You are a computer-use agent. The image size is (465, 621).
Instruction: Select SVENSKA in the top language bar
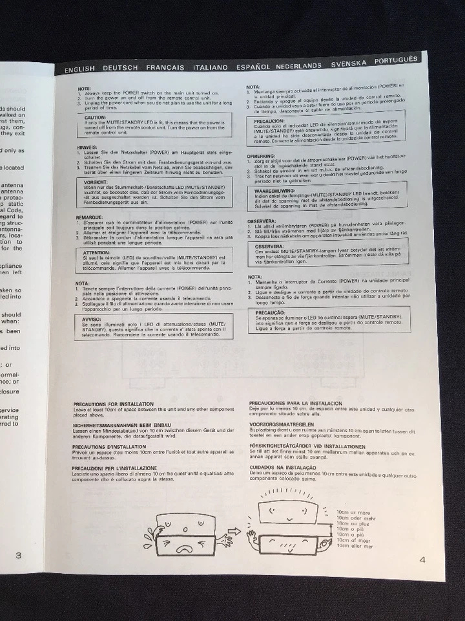click(x=349, y=63)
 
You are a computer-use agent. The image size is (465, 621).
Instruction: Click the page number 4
click(x=422, y=560)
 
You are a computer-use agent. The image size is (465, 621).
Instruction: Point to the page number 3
click(x=18, y=555)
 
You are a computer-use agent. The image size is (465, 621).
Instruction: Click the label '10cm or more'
click(x=355, y=511)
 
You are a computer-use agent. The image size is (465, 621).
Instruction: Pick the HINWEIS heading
click(x=87, y=147)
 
